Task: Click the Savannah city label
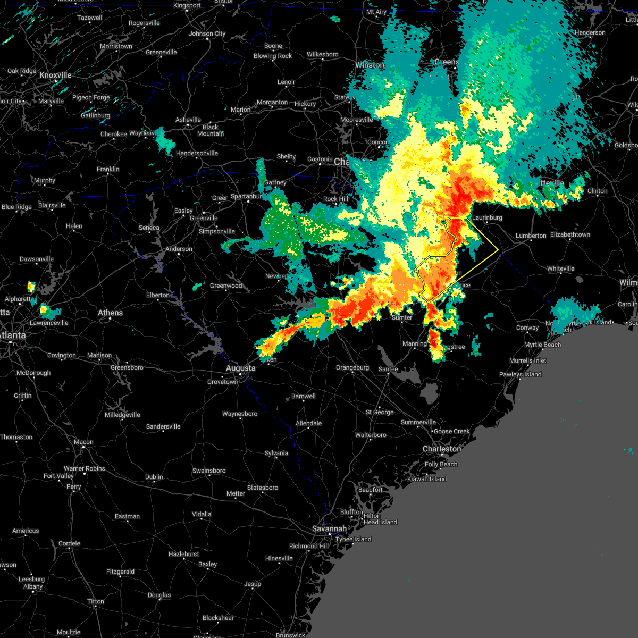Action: [329, 528]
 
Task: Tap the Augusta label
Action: [240, 368]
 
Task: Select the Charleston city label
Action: [442, 449]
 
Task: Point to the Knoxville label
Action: [55, 75]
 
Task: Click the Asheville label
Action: [188, 120]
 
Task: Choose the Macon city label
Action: [83, 442]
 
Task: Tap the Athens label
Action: [110, 313]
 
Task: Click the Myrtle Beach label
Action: [542, 345]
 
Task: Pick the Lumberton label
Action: [531, 236]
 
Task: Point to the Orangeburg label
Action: [352, 367]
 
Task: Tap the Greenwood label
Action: [226, 286]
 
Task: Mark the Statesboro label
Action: [263, 488]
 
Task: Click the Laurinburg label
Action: [486, 217]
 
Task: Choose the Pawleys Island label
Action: [520, 374]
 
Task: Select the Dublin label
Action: [154, 477]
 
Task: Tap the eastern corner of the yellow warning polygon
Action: [498, 250]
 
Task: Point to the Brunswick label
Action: [290, 635]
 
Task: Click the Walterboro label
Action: [371, 435]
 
